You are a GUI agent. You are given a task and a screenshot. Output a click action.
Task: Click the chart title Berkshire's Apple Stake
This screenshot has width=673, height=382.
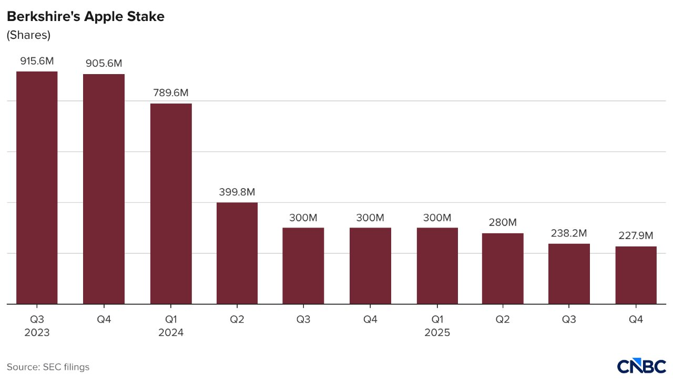click(85, 17)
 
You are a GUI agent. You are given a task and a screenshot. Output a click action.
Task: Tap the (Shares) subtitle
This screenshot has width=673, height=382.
click(28, 36)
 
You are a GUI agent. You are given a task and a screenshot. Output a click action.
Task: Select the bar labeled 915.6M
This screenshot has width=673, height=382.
click(37, 188)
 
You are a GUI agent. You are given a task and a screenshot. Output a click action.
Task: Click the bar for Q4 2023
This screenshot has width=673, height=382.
click(104, 189)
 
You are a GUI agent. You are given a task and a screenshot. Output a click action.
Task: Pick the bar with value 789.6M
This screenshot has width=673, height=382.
click(171, 204)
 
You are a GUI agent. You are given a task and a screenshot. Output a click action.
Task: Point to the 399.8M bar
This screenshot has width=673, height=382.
click(237, 253)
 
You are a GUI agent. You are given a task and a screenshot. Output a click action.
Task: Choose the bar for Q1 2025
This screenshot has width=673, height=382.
click(437, 266)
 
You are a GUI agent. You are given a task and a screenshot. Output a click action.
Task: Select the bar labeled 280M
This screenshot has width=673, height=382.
click(503, 269)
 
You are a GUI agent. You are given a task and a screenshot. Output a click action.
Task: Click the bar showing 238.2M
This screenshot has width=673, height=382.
click(569, 274)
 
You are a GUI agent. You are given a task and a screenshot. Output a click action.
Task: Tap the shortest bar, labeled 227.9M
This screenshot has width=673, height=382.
click(636, 275)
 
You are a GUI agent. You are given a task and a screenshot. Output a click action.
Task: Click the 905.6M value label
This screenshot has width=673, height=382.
click(104, 64)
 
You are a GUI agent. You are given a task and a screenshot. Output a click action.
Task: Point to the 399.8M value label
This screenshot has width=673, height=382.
click(237, 192)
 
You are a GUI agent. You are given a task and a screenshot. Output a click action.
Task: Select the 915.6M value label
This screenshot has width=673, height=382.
click(37, 61)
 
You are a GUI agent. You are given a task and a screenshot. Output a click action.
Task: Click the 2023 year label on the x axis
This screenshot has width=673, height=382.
click(37, 333)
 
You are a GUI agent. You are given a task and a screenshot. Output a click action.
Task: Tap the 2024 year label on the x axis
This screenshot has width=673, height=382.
click(171, 333)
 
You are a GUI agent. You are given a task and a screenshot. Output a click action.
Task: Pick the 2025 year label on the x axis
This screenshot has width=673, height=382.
click(437, 333)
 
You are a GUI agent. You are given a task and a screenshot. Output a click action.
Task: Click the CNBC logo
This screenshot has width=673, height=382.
click(641, 366)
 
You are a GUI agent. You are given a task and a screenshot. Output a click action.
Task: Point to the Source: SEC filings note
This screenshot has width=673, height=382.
click(48, 367)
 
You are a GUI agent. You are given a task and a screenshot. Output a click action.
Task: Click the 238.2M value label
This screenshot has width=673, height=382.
click(569, 233)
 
